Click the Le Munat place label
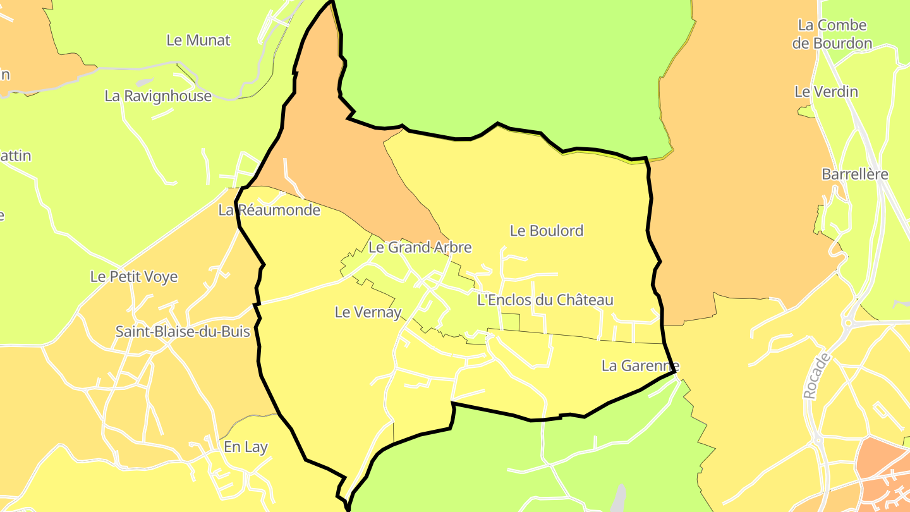(x=198, y=40)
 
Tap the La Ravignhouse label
(x=158, y=96)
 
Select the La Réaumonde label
(x=269, y=210)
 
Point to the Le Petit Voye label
(x=134, y=277)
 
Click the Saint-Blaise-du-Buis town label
(x=183, y=331)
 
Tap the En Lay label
(x=246, y=447)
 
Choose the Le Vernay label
(x=368, y=312)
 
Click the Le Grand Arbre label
(x=420, y=247)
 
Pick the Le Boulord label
(x=547, y=231)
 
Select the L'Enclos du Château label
(x=545, y=300)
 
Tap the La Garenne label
(x=640, y=365)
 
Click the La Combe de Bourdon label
(x=832, y=34)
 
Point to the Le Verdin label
(x=826, y=92)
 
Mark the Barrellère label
(x=855, y=174)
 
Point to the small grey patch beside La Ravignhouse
(x=145, y=82)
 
